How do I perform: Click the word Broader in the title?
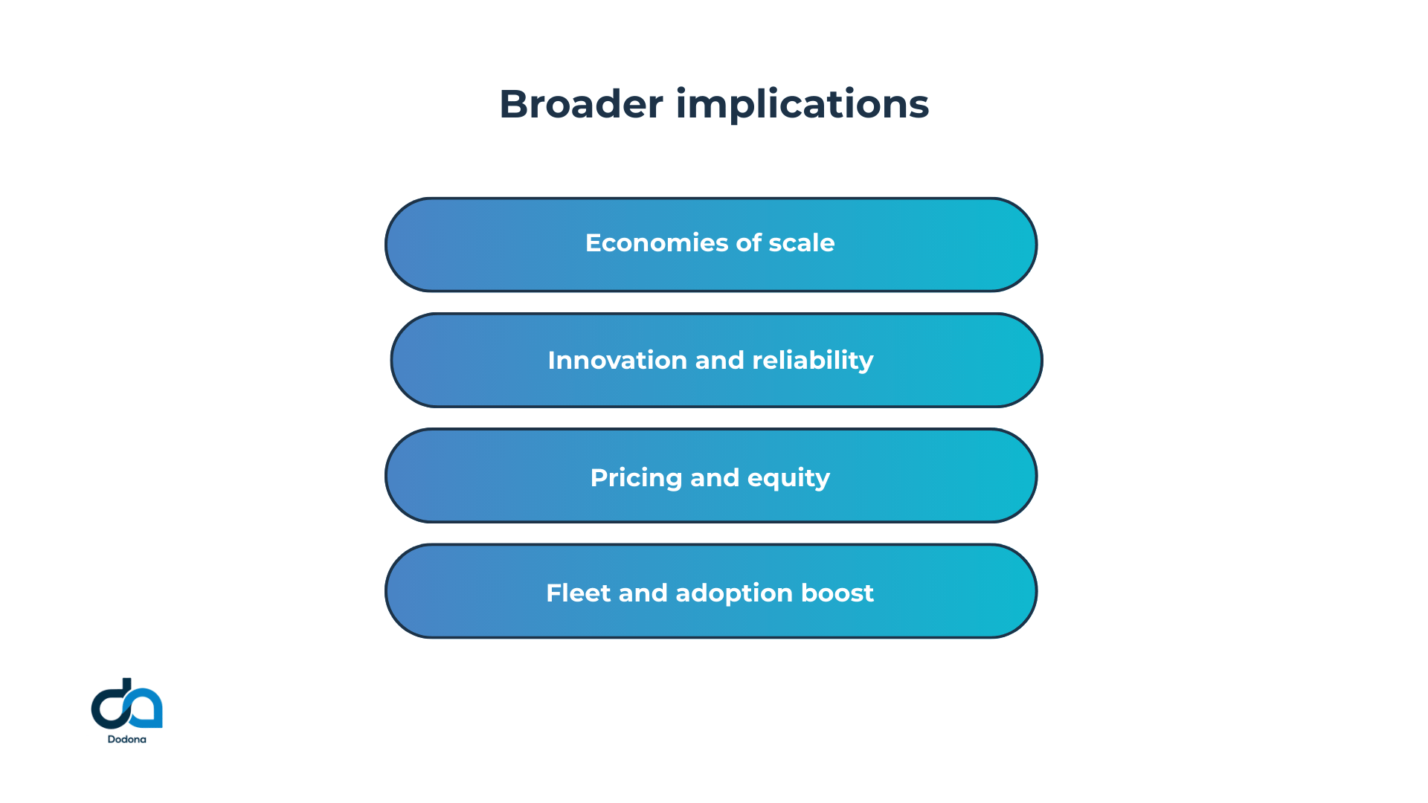click(x=581, y=104)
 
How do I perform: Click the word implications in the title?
click(x=802, y=104)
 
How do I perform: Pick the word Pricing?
click(x=636, y=478)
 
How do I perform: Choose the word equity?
click(x=788, y=478)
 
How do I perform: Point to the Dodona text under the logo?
click(x=126, y=740)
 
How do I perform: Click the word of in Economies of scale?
click(x=748, y=243)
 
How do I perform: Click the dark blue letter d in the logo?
click(x=112, y=705)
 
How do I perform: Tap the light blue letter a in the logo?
click(x=147, y=709)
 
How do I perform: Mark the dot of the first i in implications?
click(x=681, y=90)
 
